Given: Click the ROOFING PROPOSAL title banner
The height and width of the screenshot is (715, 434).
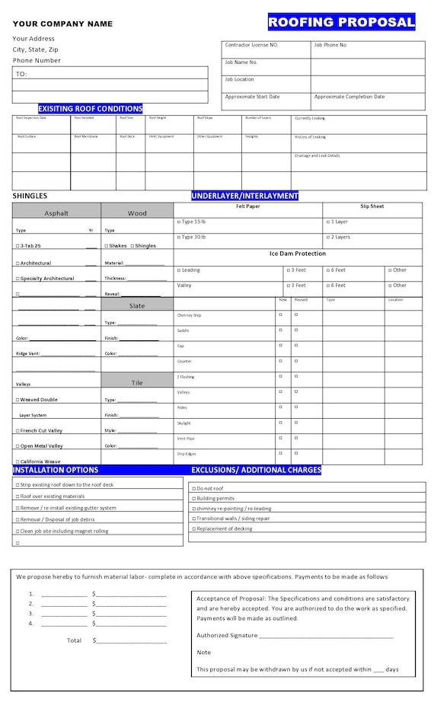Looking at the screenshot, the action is [x=342, y=22].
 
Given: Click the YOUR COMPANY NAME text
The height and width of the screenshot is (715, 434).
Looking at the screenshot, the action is [x=62, y=24].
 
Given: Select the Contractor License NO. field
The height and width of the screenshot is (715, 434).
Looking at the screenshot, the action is [x=251, y=45].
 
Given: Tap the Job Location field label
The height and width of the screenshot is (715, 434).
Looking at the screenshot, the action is [x=239, y=79].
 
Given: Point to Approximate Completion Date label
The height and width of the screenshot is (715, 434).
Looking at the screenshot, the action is [x=349, y=97].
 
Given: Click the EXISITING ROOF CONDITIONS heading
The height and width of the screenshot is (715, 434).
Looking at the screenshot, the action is [x=91, y=109].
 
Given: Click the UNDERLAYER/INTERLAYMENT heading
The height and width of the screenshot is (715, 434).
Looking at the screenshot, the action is [x=244, y=196].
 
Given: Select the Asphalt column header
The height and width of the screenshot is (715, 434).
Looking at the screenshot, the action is [x=56, y=213].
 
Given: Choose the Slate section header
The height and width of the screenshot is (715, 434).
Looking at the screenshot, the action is [x=137, y=305].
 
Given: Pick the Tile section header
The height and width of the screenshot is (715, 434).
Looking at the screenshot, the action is [x=137, y=383].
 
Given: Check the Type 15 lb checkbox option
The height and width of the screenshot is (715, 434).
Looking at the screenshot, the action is [x=179, y=222].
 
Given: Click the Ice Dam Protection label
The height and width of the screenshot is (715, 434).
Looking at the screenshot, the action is [x=297, y=254].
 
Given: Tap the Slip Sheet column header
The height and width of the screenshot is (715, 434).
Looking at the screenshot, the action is [x=372, y=206].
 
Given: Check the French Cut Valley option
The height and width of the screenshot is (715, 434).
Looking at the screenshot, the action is [x=18, y=431].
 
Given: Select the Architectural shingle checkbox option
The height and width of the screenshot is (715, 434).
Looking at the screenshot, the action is [x=18, y=263].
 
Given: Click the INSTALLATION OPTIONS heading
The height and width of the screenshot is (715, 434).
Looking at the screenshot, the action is [x=56, y=470].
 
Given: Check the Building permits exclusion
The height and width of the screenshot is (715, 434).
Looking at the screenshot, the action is [x=194, y=498].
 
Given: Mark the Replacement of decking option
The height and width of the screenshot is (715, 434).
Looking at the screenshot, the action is [x=194, y=528].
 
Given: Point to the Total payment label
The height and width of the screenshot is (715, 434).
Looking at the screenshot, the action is [x=74, y=640].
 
